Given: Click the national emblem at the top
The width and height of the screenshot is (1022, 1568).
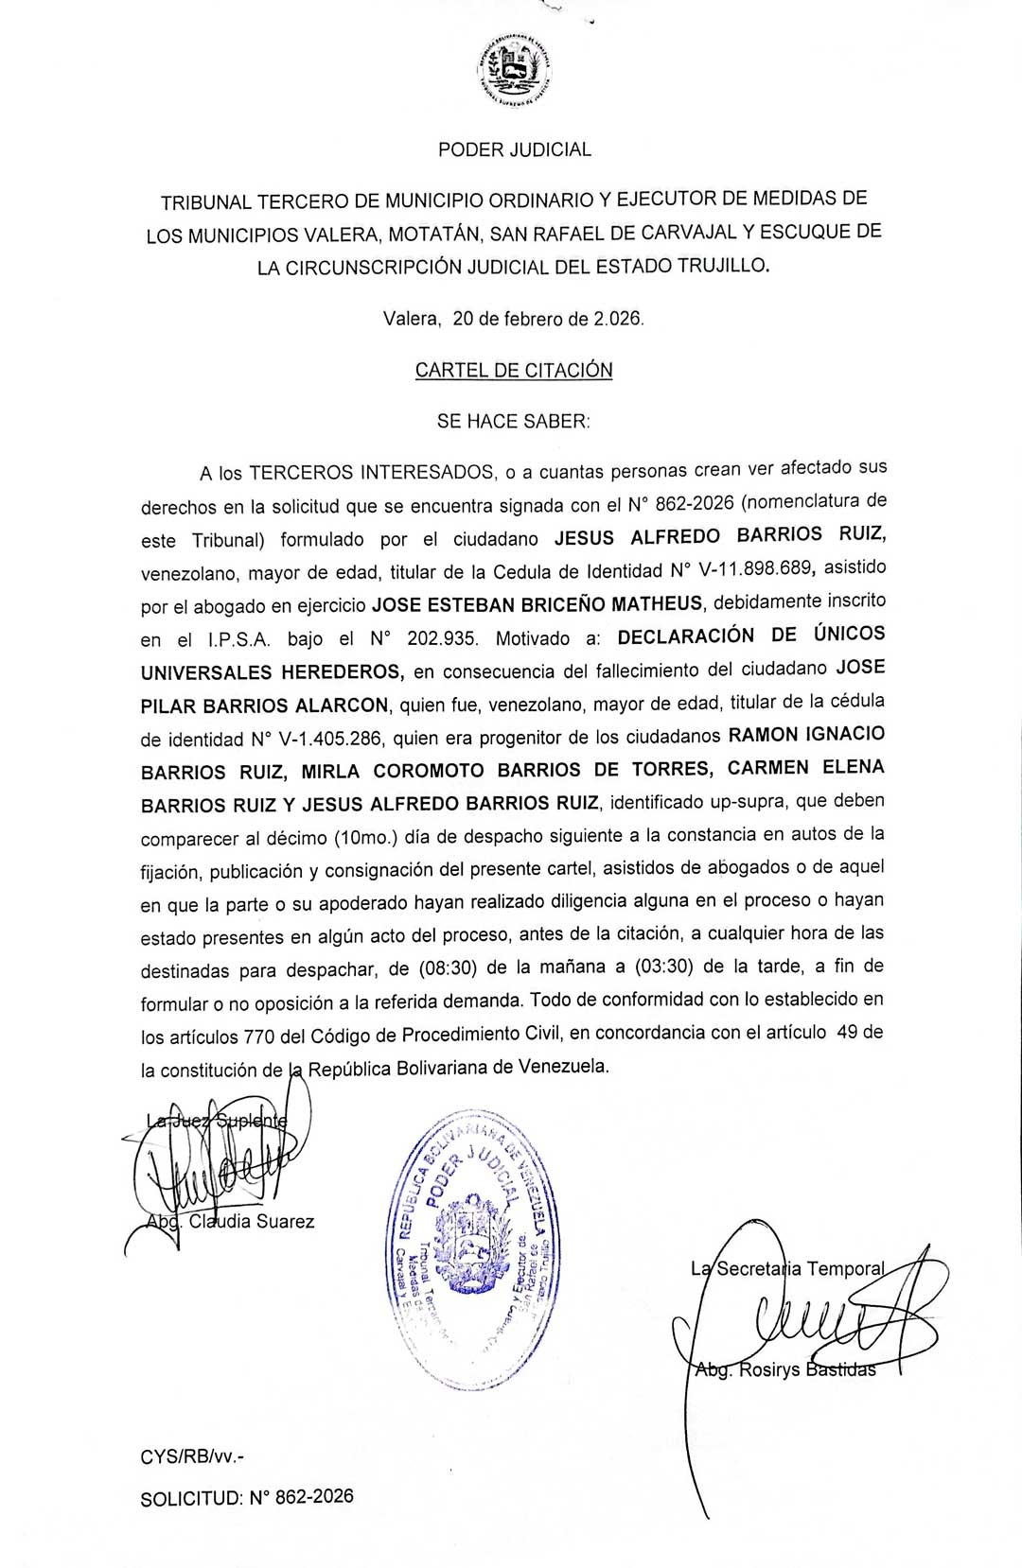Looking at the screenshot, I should pos(515,69).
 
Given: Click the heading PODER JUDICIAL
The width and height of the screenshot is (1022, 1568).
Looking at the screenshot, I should pos(515,149).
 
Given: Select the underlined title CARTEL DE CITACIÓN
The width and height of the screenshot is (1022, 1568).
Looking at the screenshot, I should pos(514,370).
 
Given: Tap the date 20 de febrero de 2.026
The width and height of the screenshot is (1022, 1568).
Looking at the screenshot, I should pos(548,319).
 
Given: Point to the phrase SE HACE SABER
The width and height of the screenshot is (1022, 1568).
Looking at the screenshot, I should pos(513,422).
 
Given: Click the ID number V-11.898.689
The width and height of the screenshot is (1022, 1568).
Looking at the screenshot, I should pos(755,569).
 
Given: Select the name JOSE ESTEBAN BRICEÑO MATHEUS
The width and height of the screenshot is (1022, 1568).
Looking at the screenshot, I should pos(538,603).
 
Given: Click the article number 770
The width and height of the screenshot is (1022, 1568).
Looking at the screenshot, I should pos(259,1037).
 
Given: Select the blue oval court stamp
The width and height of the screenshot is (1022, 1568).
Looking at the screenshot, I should pos(472,1248).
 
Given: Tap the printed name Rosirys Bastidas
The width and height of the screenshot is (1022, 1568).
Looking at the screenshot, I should pos(806,1369).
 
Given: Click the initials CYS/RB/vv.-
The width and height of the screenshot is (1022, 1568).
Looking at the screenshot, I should pos(192,1457).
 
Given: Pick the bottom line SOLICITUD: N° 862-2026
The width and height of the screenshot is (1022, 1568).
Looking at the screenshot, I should pos(247,1497).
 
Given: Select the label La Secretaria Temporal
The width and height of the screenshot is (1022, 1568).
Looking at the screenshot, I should pos(788,1269).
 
